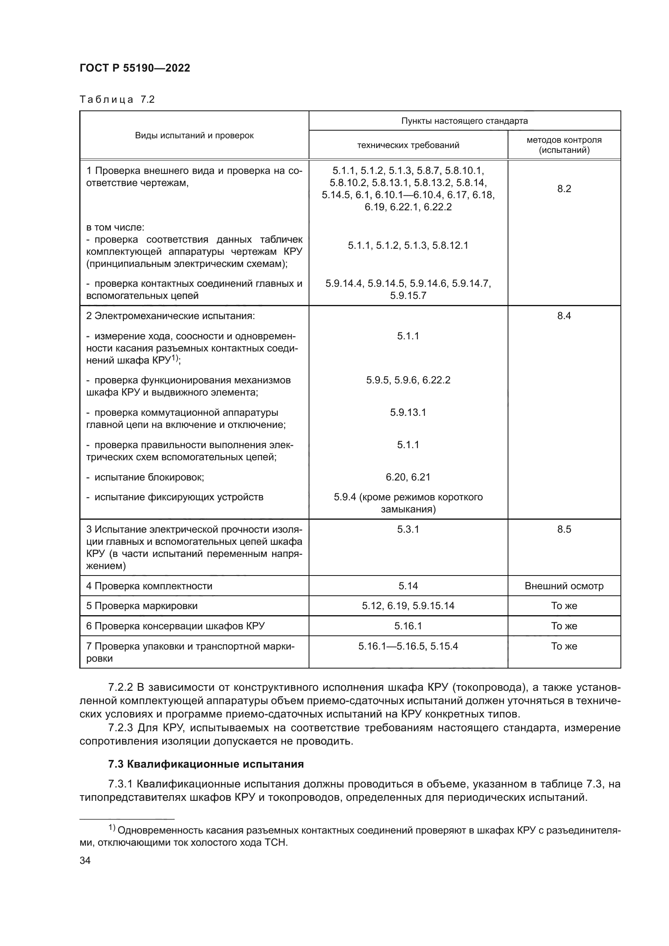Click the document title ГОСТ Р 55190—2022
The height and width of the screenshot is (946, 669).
(135, 68)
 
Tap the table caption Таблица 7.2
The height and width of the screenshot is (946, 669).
(117, 99)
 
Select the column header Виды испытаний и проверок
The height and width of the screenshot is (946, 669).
(194, 135)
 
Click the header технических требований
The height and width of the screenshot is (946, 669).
(408, 145)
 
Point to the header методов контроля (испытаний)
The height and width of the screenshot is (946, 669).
(564, 145)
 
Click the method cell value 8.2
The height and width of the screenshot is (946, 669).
(564, 189)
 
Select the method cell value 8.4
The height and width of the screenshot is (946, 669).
(564, 316)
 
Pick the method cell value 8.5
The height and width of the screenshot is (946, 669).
(564, 529)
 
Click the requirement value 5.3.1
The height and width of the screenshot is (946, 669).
(408, 529)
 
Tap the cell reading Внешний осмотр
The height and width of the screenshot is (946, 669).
(564, 586)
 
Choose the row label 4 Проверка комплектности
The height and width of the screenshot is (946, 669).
(149, 586)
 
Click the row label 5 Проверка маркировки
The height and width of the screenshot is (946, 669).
(142, 606)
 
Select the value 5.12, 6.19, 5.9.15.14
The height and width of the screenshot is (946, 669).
(408, 606)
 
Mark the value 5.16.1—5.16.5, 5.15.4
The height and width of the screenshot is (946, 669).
(408, 646)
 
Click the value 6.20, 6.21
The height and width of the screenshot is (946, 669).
(408, 477)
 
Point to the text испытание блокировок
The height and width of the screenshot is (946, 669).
(149, 477)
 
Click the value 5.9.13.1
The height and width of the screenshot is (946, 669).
(408, 413)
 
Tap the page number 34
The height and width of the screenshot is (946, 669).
(85, 860)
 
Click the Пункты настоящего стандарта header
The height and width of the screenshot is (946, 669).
(464, 121)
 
